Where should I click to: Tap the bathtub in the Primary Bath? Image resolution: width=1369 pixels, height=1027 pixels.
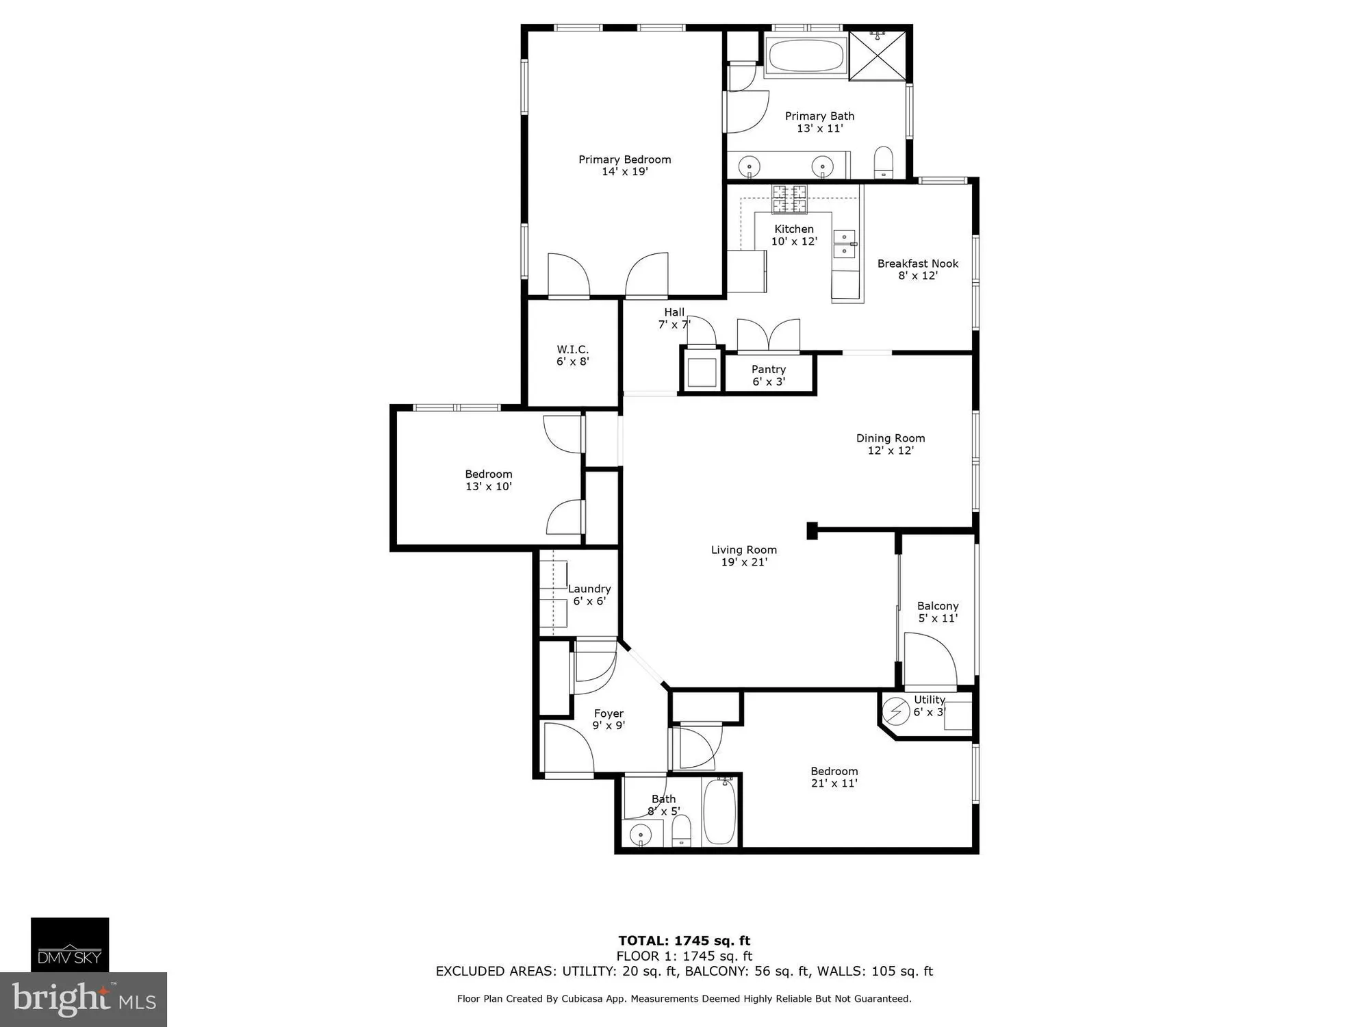coord(805,56)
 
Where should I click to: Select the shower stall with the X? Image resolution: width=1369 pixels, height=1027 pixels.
coord(880,56)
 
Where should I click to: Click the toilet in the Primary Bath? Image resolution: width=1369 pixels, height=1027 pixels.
coord(884,163)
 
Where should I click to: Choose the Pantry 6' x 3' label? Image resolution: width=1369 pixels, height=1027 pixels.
coord(769,375)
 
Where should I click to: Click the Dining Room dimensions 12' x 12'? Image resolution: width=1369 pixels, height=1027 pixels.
coord(891,451)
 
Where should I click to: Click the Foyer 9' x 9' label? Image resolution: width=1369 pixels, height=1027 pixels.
coord(609,720)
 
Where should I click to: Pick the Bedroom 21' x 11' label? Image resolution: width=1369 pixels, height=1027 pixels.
coord(834,777)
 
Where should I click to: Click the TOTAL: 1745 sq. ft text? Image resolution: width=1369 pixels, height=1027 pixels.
coord(684,941)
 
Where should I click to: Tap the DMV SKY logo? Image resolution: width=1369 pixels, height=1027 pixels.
coord(69,945)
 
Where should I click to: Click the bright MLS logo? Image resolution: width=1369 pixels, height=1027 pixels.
coord(83,1000)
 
